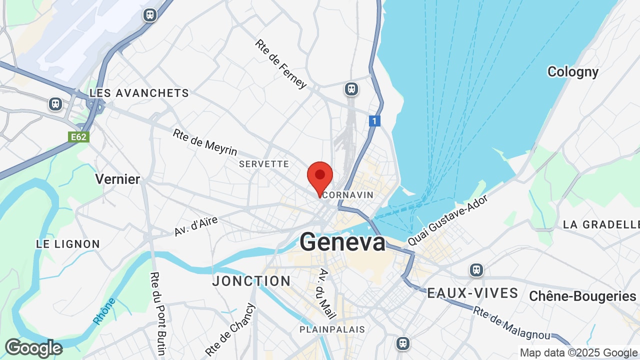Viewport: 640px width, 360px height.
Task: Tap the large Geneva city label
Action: [x=342, y=242]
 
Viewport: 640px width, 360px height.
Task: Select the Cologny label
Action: [x=573, y=72]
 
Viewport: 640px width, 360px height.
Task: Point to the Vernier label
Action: [x=117, y=178]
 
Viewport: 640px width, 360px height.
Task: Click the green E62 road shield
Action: [x=78, y=136]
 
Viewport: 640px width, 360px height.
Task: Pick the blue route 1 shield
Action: [x=375, y=120]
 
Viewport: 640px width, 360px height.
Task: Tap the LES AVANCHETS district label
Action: [x=139, y=93]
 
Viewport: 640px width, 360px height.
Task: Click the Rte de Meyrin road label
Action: [x=205, y=142]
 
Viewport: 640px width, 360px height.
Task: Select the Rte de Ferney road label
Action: [x=280, y=64]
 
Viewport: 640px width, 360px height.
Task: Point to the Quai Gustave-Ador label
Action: [x=447, y=219]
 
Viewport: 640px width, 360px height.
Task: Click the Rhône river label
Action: [x=104, y=311]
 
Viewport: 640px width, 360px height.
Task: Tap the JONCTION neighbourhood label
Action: [x=251, y=281]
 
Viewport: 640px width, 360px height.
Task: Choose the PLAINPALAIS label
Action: [x=332, y=329]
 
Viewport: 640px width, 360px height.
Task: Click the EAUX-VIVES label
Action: [x=472, y=293]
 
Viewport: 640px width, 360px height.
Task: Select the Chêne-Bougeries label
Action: [x=582, y=296]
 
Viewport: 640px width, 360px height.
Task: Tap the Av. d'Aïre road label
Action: [x=196, y=226]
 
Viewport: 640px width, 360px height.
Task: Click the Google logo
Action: [x=33, y=348]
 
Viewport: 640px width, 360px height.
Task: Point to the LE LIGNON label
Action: [x=68, y=244]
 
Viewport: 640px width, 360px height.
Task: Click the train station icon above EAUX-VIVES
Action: [x=476, y=270]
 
